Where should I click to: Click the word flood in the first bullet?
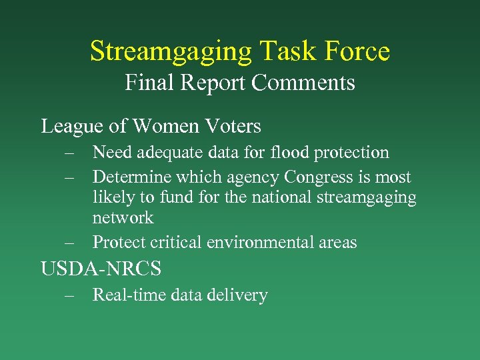point(289,153)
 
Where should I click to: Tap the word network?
point(123,217)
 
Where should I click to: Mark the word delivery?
point(238,295)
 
